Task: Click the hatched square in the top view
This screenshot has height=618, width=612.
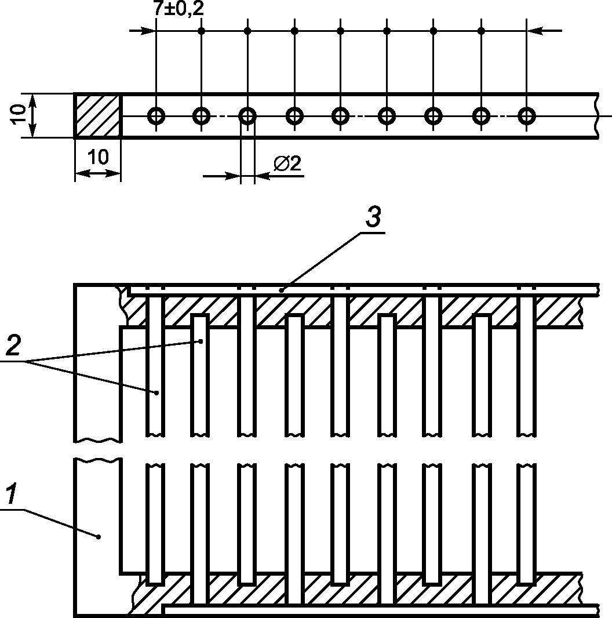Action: (97, 115)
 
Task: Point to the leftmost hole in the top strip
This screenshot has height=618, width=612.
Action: (156, 116)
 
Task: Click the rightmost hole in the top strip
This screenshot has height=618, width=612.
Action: (526, 116)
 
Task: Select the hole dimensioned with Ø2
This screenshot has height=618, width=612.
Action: (247, 116)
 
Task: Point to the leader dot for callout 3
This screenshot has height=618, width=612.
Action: (282, 289)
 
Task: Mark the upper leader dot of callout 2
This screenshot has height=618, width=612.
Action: (201, 341)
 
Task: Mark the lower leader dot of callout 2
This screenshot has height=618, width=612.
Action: (156, 392)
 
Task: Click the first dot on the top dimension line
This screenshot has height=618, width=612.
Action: (201, 30)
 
